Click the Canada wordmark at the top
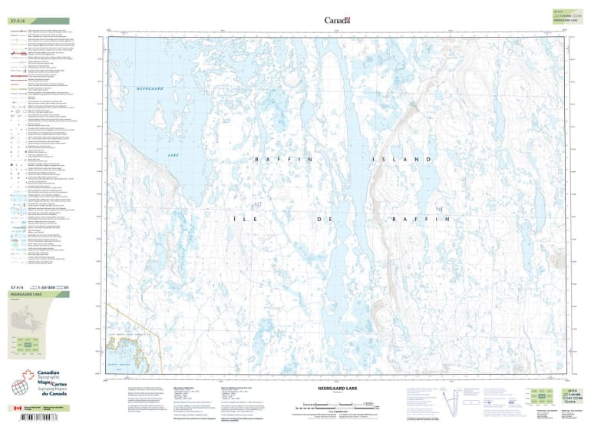[x=337, y=21]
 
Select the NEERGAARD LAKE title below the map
[x=337, y=389]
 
